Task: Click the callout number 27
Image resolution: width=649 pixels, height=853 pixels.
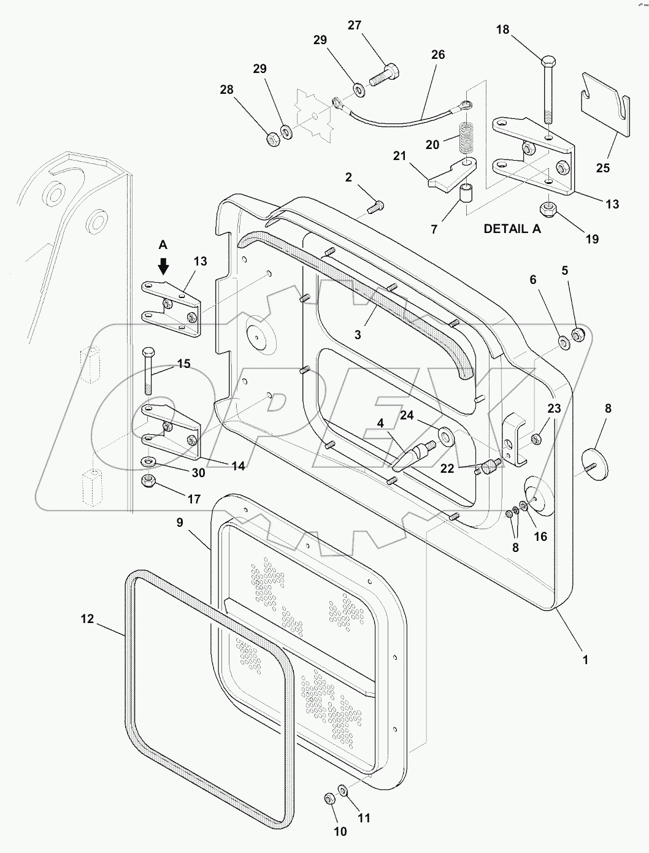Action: tap(355, 25)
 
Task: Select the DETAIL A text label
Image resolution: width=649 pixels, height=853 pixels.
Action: tap(513, 229)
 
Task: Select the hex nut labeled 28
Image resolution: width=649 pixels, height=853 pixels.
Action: tap(274, 137)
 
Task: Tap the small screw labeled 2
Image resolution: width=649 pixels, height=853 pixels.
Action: tap(375, 207)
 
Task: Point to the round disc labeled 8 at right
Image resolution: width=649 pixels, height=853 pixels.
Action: tap(594, 464)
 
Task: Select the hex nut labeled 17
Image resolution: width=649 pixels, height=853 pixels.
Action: tap(149, 480)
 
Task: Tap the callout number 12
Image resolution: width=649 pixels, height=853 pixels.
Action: tap(87, 619)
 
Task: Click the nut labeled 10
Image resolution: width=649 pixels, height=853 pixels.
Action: tap(328, 798)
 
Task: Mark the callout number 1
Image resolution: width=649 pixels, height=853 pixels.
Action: tap(585, 660)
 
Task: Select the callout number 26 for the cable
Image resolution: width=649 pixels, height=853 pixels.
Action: tap(437, 55)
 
